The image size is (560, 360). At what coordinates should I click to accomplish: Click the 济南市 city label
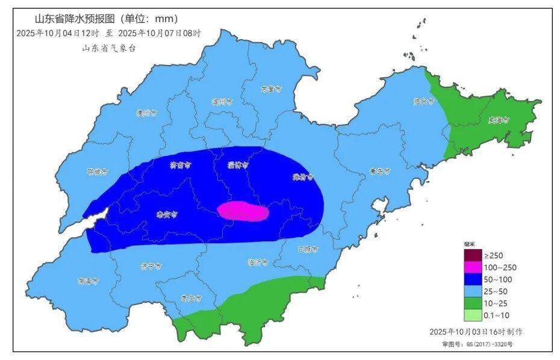180,164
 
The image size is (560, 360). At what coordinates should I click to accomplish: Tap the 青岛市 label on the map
379,172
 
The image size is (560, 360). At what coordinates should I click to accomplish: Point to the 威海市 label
499,120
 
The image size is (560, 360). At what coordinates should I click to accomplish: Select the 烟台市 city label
424,101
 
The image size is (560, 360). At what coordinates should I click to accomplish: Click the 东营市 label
271,89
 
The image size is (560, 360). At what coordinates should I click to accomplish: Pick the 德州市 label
146,112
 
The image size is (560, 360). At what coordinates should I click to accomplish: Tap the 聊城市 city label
97,172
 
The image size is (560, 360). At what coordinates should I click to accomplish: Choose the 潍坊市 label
303,177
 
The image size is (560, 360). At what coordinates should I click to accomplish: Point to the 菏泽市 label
88,281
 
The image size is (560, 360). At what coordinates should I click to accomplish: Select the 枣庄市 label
191,298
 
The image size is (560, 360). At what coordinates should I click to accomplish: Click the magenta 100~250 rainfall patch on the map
243,211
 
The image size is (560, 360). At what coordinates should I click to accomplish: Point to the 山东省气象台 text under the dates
109,48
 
